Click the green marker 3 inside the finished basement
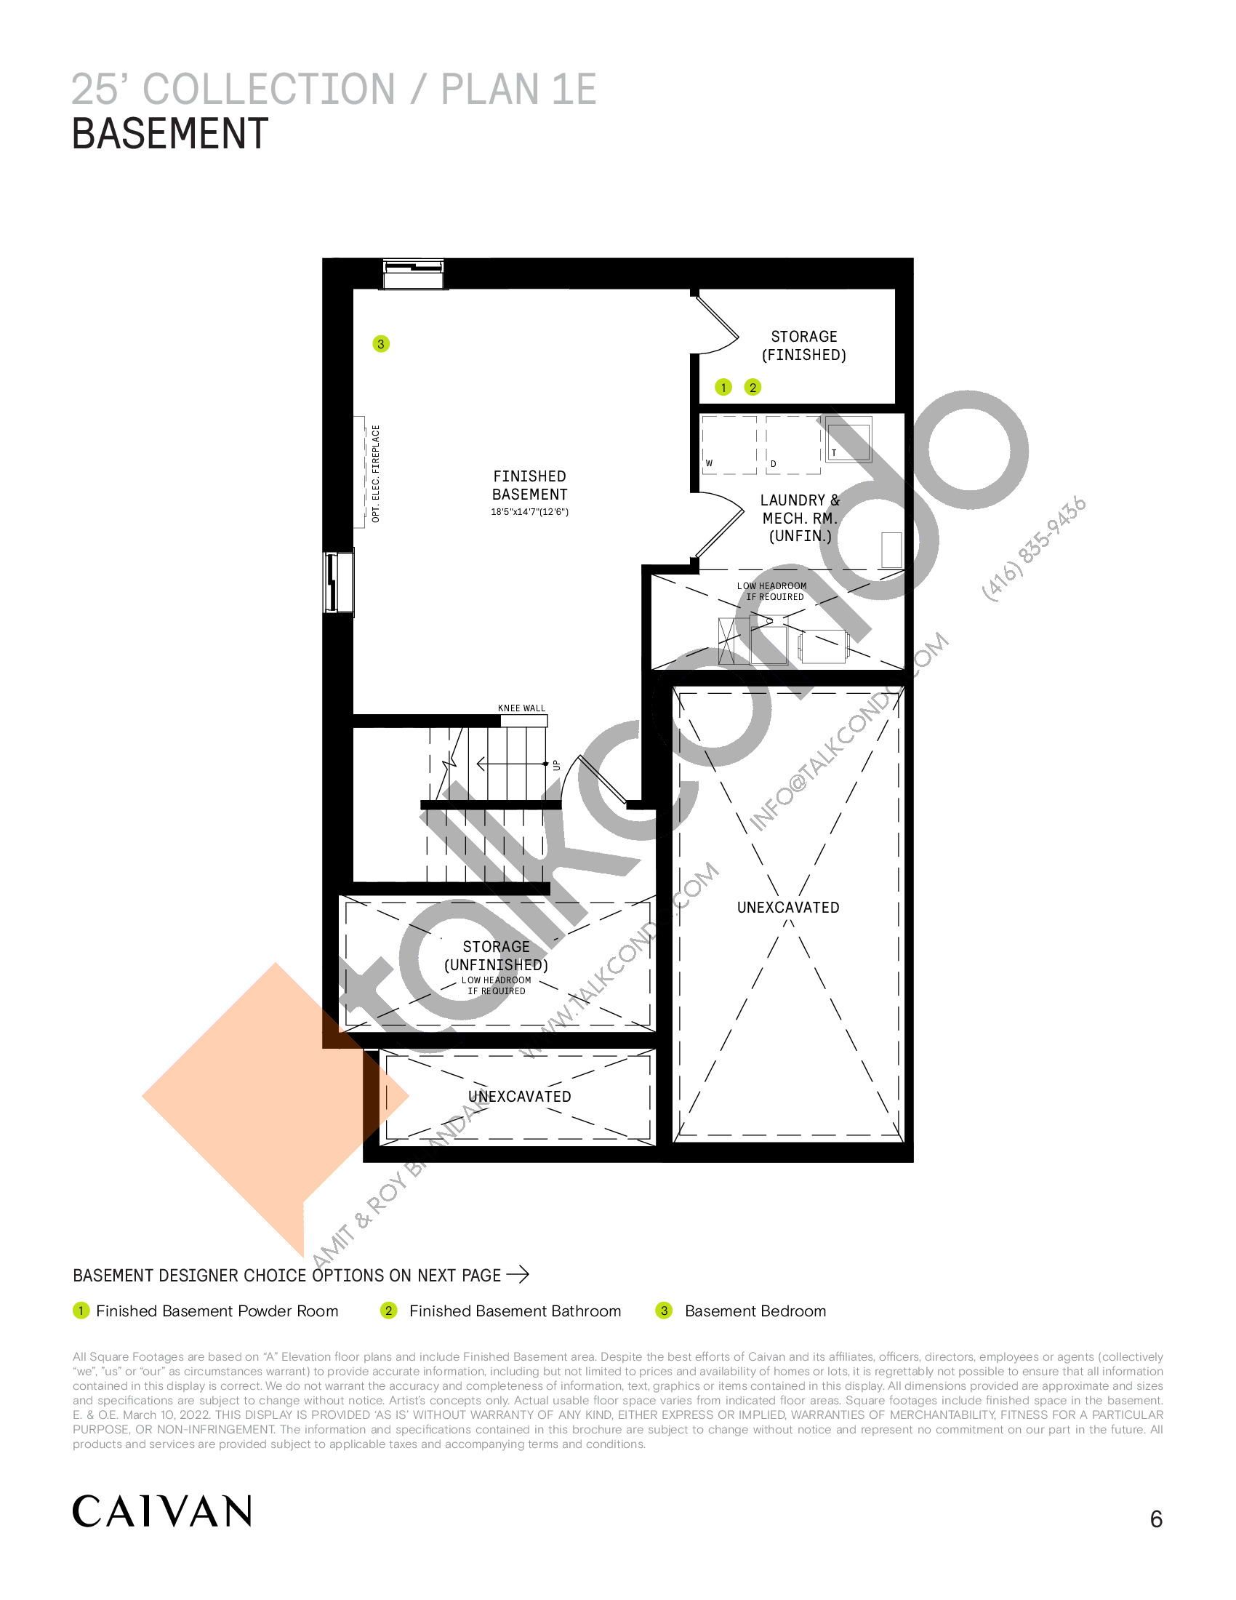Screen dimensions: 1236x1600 pyautogui.click(x=381, y=343)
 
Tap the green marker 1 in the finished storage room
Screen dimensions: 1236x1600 pyautogui.click(x=723, y=387)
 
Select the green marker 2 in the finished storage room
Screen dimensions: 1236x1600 pyautogui.click(x=753, y=387)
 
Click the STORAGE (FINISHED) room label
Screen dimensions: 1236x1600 pyautogui.click(x=804, y=345)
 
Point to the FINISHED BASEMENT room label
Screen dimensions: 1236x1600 pyautogui.click(x=529, y=485)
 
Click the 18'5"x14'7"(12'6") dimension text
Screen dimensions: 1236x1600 pyautogui.click(x=529, y=512)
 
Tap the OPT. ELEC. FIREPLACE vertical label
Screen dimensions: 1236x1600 pyautogui.click(x=376, y=473)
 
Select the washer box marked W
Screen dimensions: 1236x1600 pyautogui.click(x=729, y=444)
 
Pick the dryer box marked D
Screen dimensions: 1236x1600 pyautogui.click(x=793, y=444)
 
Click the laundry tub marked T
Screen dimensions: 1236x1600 pyautogui.click(x=848, y=439)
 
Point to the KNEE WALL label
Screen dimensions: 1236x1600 pyautogui.click(x=521, y=708)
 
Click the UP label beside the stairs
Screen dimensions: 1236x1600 pyautogui.click(x=556, y=765)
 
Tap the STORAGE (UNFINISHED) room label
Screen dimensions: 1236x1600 pyautogui.click(x=497, y=956)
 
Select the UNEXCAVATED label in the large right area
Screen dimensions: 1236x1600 pyautogui.click(x=788, y=907)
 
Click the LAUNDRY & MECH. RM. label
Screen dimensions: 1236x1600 pyautogui.click(x=800, y=518)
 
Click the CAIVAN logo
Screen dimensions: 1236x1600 pyautogui.click(x=162, y=1511)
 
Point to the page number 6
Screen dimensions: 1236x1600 pyautogui.click(x=1156, y=1519)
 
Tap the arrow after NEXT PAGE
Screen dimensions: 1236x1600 pyautogui.click(x=518, y=1275)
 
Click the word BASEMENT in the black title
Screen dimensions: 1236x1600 pyautogui.click(x=170, y=134)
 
